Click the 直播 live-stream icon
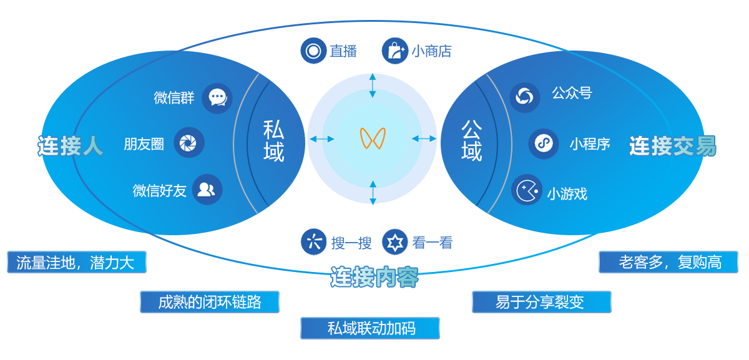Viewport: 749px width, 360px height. pyautogui.click(x=313, y=51)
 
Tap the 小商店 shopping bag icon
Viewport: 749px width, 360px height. pyautogui.click(x=395, y=51)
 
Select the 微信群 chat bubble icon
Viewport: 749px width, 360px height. pyautogui.click(x=217, y=98)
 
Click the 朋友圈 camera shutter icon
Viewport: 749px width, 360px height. pyautogui.click(x=188, y=143)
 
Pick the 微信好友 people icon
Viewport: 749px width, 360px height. pyautogui.click(x=207, y=190)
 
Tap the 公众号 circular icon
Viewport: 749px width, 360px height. pyautogui.click(x=525, y=97)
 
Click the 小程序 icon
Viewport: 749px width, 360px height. pyautogui.click(x=543, y=144)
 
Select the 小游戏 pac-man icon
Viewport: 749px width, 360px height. pyautogui.click(x=526, y=190)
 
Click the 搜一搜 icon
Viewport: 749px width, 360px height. pyautogui.click(x=313, y=242)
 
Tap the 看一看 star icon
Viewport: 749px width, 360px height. pyautogui.click(x=395, y=242)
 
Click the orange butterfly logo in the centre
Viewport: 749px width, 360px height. pyautogui.click(x=373, y=139)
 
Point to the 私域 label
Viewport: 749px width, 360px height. pyautogui.click(x=273, y=141)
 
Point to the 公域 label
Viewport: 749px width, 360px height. pyautogui.click(x=471, y=141)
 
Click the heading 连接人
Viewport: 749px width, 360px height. pyautogui.click(x=70, y=145)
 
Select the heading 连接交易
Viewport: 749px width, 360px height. pyautogui.click(x=672, y=146)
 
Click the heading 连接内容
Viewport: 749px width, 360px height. pyautogui.click(x=374, y=277)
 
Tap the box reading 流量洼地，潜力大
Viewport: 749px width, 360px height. pyautogui.click(x=76, y=262)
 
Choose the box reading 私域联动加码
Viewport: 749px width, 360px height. pyautogui.click(x=370, y=328)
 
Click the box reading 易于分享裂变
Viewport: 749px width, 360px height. pyautogui.click(x=541, y=302)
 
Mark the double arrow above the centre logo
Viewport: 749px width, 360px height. pyautogui.click(x=373, y=85)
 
